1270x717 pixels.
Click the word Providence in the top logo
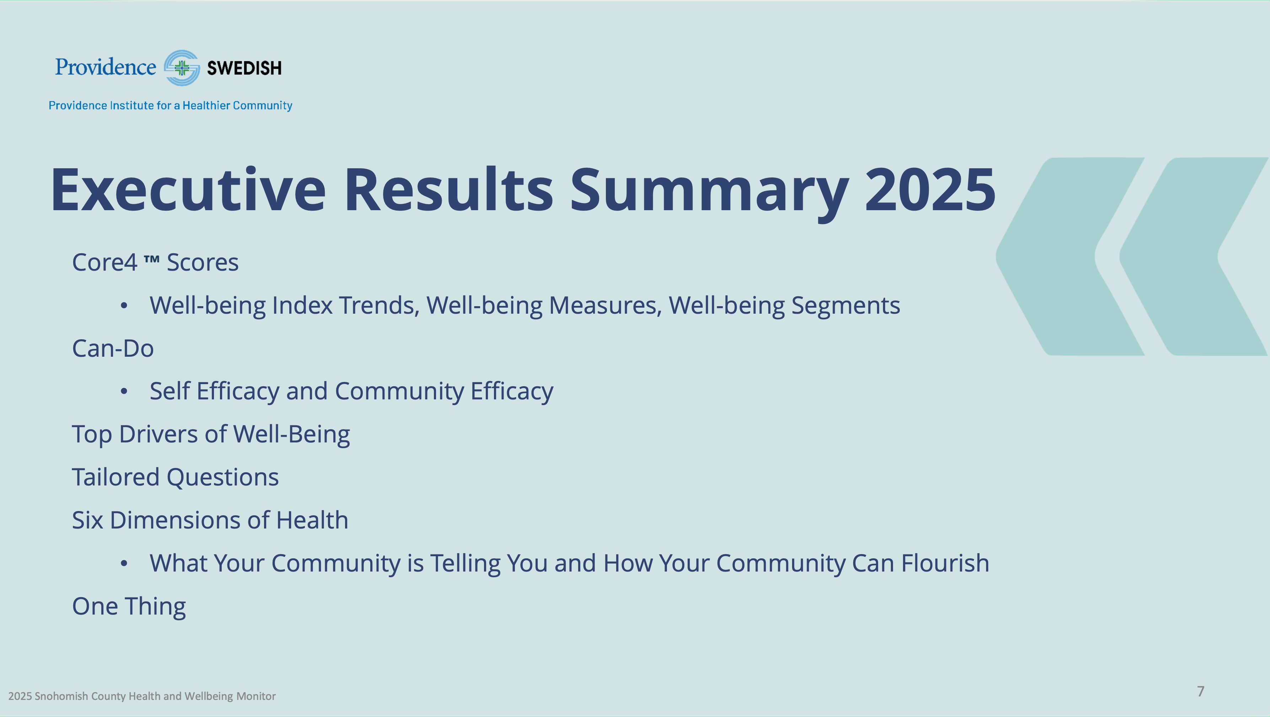[x=106, y=67]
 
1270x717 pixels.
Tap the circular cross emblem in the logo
[x=182, y=68]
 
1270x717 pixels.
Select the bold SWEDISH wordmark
[x=244, y=68]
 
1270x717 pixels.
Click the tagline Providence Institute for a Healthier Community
[x=170, y=106]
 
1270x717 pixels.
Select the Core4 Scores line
[x=155, y=262]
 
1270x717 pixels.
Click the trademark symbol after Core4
[x=151, y=258]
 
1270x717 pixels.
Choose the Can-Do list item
[x=113, y=349]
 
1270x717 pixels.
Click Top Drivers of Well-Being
[x=211, y=435]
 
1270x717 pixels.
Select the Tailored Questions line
[x=176, y=477]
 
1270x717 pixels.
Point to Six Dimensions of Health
[x=210, y=520]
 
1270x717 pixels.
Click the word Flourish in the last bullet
[x=945, y=563]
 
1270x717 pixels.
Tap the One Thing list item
[x=129, y=606]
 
